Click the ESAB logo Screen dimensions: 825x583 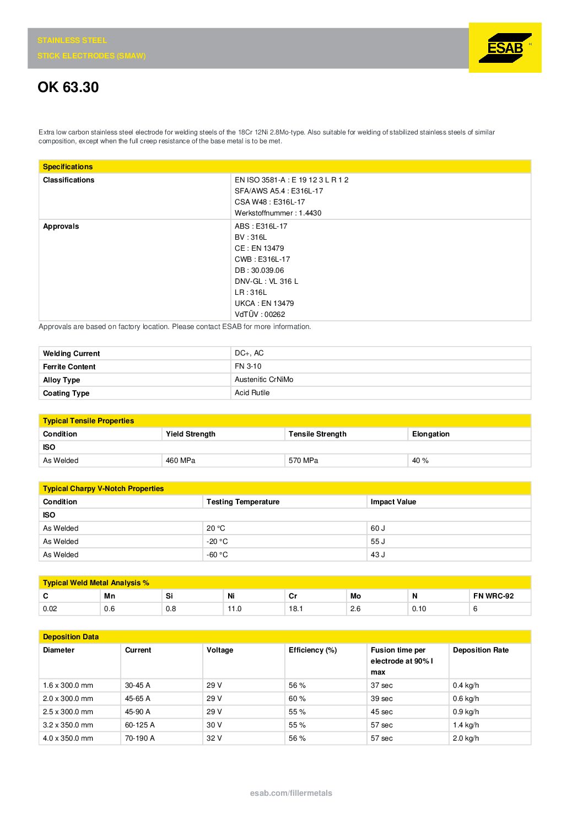tap(505, 47)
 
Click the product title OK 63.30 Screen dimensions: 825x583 tap(68, 87)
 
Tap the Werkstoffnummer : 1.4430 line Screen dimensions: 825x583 tap(278, 213)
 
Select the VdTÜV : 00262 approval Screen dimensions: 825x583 tap(260, 315)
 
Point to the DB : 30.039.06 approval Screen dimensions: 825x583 tap(259, 271)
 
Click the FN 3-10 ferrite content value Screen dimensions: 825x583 tap(248, 366)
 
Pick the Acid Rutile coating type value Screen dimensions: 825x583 tap(252, 393)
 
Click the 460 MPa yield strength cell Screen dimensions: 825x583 tap(180, 461)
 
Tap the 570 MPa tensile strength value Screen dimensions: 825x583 tap(303, 461)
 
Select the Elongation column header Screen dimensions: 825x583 tap(430, 434)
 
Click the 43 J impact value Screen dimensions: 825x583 tap(377, 555)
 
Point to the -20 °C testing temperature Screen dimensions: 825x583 tap(217, 542)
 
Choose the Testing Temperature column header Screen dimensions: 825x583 tap(242, 502)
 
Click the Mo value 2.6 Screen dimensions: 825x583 tap(355, 609)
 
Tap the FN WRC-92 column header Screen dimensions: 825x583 tap(493, 596)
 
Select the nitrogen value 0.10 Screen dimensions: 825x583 tap(419, 609)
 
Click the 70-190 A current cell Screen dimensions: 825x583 tap(139, 738)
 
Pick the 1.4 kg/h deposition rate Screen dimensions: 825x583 tap(466, 725)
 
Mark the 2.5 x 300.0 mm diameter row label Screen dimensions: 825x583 tap(68, 712)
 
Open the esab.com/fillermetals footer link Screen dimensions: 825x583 tap(291, 793)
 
